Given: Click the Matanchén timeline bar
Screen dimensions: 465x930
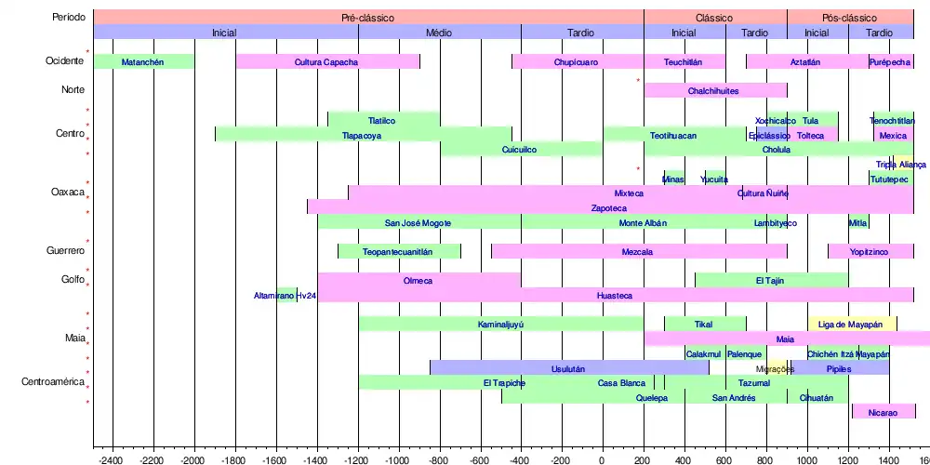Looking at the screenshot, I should [x=144, y=62].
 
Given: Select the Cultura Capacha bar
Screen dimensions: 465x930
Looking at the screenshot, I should [x=326, y=62].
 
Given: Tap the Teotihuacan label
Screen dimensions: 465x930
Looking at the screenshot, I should [x=672, y=135].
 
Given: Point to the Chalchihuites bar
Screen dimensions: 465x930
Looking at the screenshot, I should [x=714, y=91].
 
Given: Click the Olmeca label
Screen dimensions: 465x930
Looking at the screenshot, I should [x=418, y=280].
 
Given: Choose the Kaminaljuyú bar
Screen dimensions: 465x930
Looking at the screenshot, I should [x=500, y=325].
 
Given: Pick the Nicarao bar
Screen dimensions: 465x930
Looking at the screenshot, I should [x=883, y=411].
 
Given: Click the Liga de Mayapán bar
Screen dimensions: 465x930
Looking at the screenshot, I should [x=851, y=325].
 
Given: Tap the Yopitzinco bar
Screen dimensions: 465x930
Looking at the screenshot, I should [x=870, y=252].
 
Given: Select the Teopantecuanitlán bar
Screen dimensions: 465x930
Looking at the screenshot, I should [x=398, y=252].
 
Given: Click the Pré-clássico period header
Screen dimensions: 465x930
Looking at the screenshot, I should [x=368, y=18].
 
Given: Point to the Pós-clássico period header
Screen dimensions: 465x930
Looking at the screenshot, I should [x=849, y=18].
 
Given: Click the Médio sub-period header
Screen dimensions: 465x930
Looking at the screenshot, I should [x=439, y=33].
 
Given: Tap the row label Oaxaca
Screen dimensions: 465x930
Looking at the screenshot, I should [x=68, y=193].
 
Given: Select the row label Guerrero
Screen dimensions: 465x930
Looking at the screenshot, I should [x=66, y=251].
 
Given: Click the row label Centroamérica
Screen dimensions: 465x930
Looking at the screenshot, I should [x=54, y=382].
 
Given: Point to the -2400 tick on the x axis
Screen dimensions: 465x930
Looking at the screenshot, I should [x=113, y=459].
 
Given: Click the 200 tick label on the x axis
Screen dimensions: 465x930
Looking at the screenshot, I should [x=644, y=459].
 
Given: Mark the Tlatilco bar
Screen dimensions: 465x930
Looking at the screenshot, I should [x=382, y=120].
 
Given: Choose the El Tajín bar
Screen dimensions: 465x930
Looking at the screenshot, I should [x=771, y=280].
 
